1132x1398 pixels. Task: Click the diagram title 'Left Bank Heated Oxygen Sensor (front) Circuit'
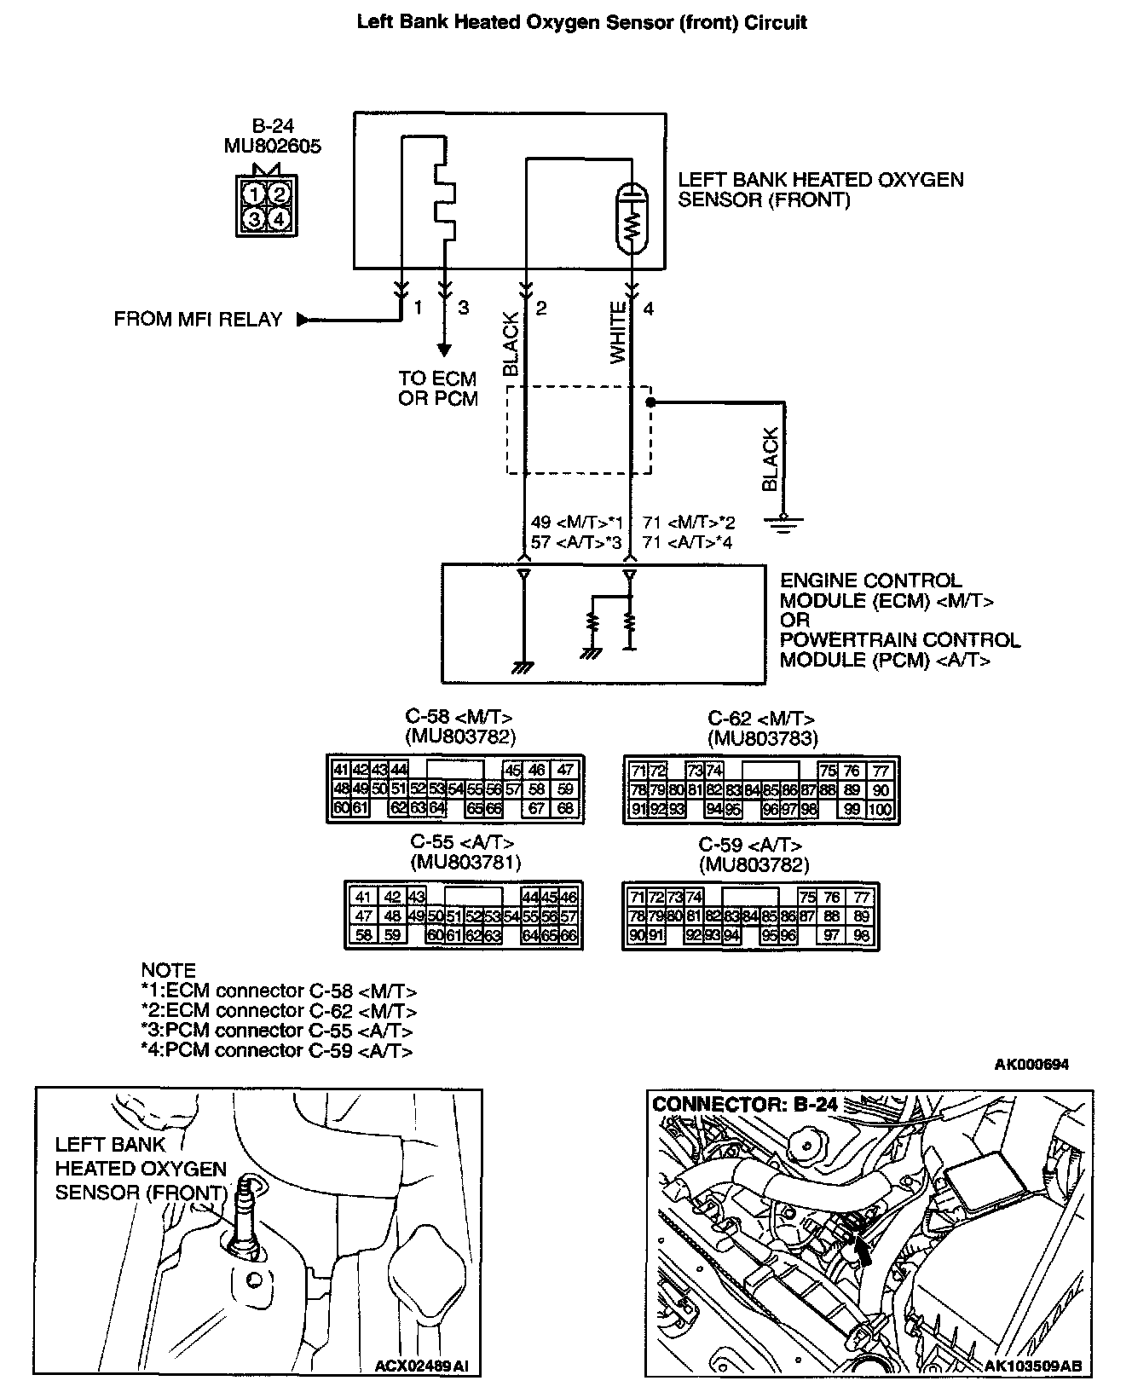[581, 23]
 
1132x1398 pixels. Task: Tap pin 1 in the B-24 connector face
[254, 194]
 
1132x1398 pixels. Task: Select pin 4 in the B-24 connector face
[280, 219]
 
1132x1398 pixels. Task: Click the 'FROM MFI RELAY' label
[198, 320]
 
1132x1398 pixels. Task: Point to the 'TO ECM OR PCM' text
[438, 389]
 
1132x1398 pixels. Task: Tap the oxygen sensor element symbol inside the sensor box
[632, 218]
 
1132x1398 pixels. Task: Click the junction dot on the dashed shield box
[650, 401]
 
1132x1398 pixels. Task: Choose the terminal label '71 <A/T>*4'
[687, 542]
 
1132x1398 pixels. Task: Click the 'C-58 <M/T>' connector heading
[460, 717]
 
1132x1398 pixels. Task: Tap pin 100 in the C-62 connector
[881, 810]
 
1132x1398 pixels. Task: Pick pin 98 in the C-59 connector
[861, 936]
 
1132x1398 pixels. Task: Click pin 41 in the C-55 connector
[364, 897]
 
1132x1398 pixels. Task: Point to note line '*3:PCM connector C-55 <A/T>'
[278, 1031]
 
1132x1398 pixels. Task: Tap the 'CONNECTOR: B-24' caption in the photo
[744, 1105]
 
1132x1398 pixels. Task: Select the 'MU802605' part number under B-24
[273, 146]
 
